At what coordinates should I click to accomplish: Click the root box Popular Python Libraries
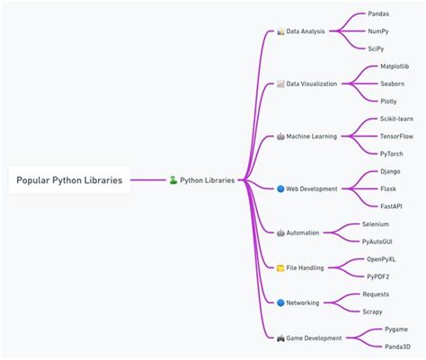click(68, 180)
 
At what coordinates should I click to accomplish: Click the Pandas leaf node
click(378, 14)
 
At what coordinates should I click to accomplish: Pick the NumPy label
click(377, 31)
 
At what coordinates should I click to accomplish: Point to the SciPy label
click(377, 48)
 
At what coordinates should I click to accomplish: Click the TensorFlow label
click(397, 136)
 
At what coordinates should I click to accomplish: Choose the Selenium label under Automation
click(376, 224)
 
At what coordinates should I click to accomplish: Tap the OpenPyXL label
click(381, 259)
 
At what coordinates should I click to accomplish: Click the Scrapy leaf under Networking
click(373, 311)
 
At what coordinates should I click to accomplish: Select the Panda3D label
click(396, 346)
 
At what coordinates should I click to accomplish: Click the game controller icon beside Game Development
click(280, 338)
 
